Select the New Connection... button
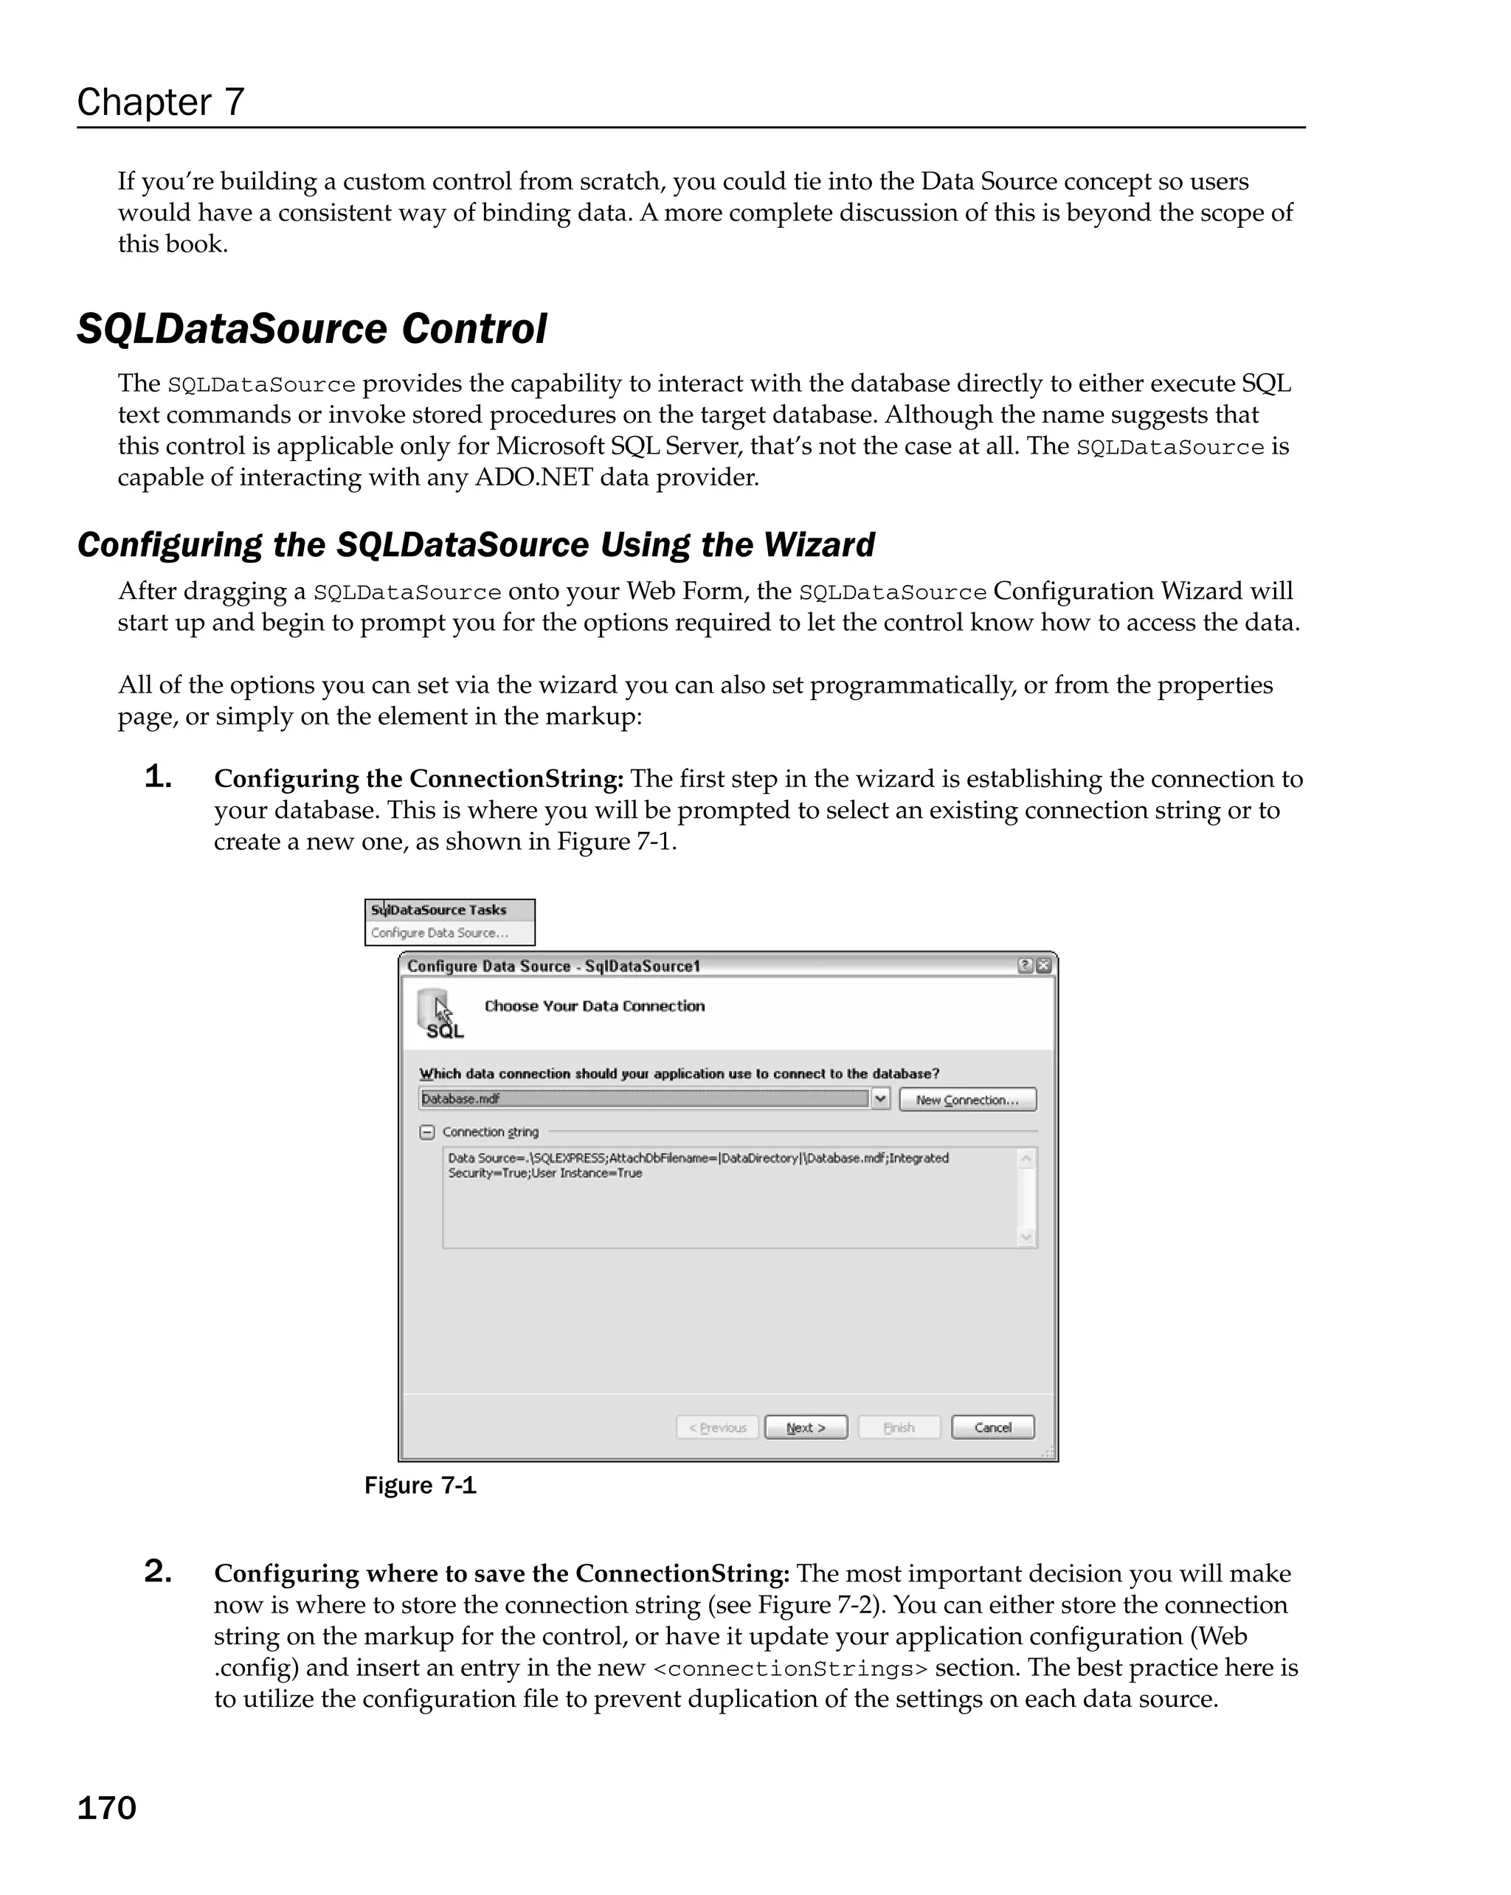(x=967, y=1100)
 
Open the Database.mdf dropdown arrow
(x=881, y=1098)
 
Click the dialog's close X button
(x=1043, y=965)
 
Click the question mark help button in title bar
(x=1025, y=965)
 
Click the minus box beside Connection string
(x=427, y=1132)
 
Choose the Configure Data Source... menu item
(x=440, y=932)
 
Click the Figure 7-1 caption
(x=420, y=1486)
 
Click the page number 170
(x=106, y=1808)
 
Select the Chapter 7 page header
(x=161, y=102)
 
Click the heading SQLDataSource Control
(x=311, y=329)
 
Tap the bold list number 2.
(x=157, y=1570)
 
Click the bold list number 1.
(x=157, y=776)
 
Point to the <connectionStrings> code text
(x=790, y=1669)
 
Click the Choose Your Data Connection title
(x=594, y=1005)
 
